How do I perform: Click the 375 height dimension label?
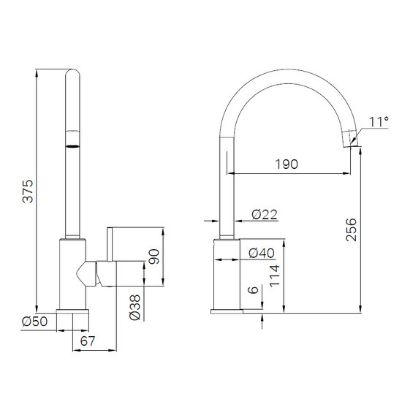[28, 191]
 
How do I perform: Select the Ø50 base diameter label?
[35, 322]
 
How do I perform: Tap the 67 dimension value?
[88, 341]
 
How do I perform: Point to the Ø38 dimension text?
[135, 307]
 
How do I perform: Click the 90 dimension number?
[153, 257]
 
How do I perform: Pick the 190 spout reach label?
[287, 164]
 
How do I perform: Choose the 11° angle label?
[379, 122]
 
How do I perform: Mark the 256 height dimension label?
[352, 230]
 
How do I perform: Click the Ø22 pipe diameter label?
[265, 214]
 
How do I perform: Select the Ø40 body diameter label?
[262, 254]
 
